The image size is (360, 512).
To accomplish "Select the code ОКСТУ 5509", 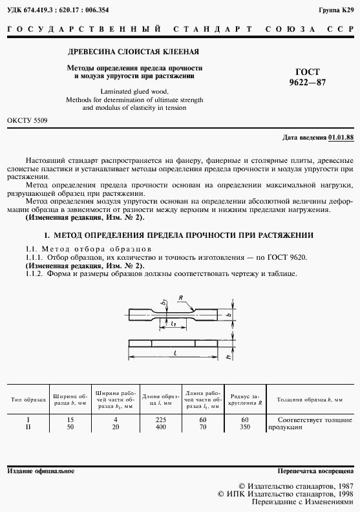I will [x=26, y=121].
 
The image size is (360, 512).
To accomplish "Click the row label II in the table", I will [x=28, y=427].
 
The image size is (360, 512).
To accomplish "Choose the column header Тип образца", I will [x=28, y=401].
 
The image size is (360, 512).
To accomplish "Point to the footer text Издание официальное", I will [x=41, y=471].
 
